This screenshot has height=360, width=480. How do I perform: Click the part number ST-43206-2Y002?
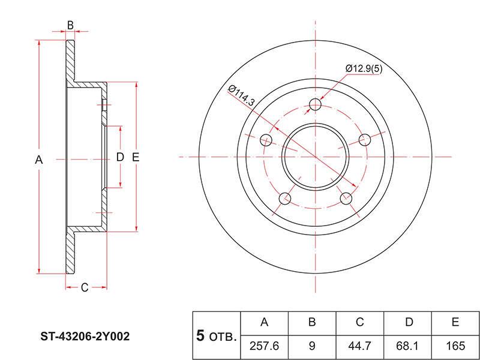pos(85,337)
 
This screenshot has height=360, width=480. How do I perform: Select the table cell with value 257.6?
pos(265,347)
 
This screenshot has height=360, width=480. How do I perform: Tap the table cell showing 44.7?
pos(359,347)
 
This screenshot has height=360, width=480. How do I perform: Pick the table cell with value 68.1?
pos(407,347)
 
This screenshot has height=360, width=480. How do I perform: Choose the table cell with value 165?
pos(455,347)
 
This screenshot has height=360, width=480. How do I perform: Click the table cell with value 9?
pos(312,347)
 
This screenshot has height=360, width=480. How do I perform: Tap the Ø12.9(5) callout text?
pos(364,68)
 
